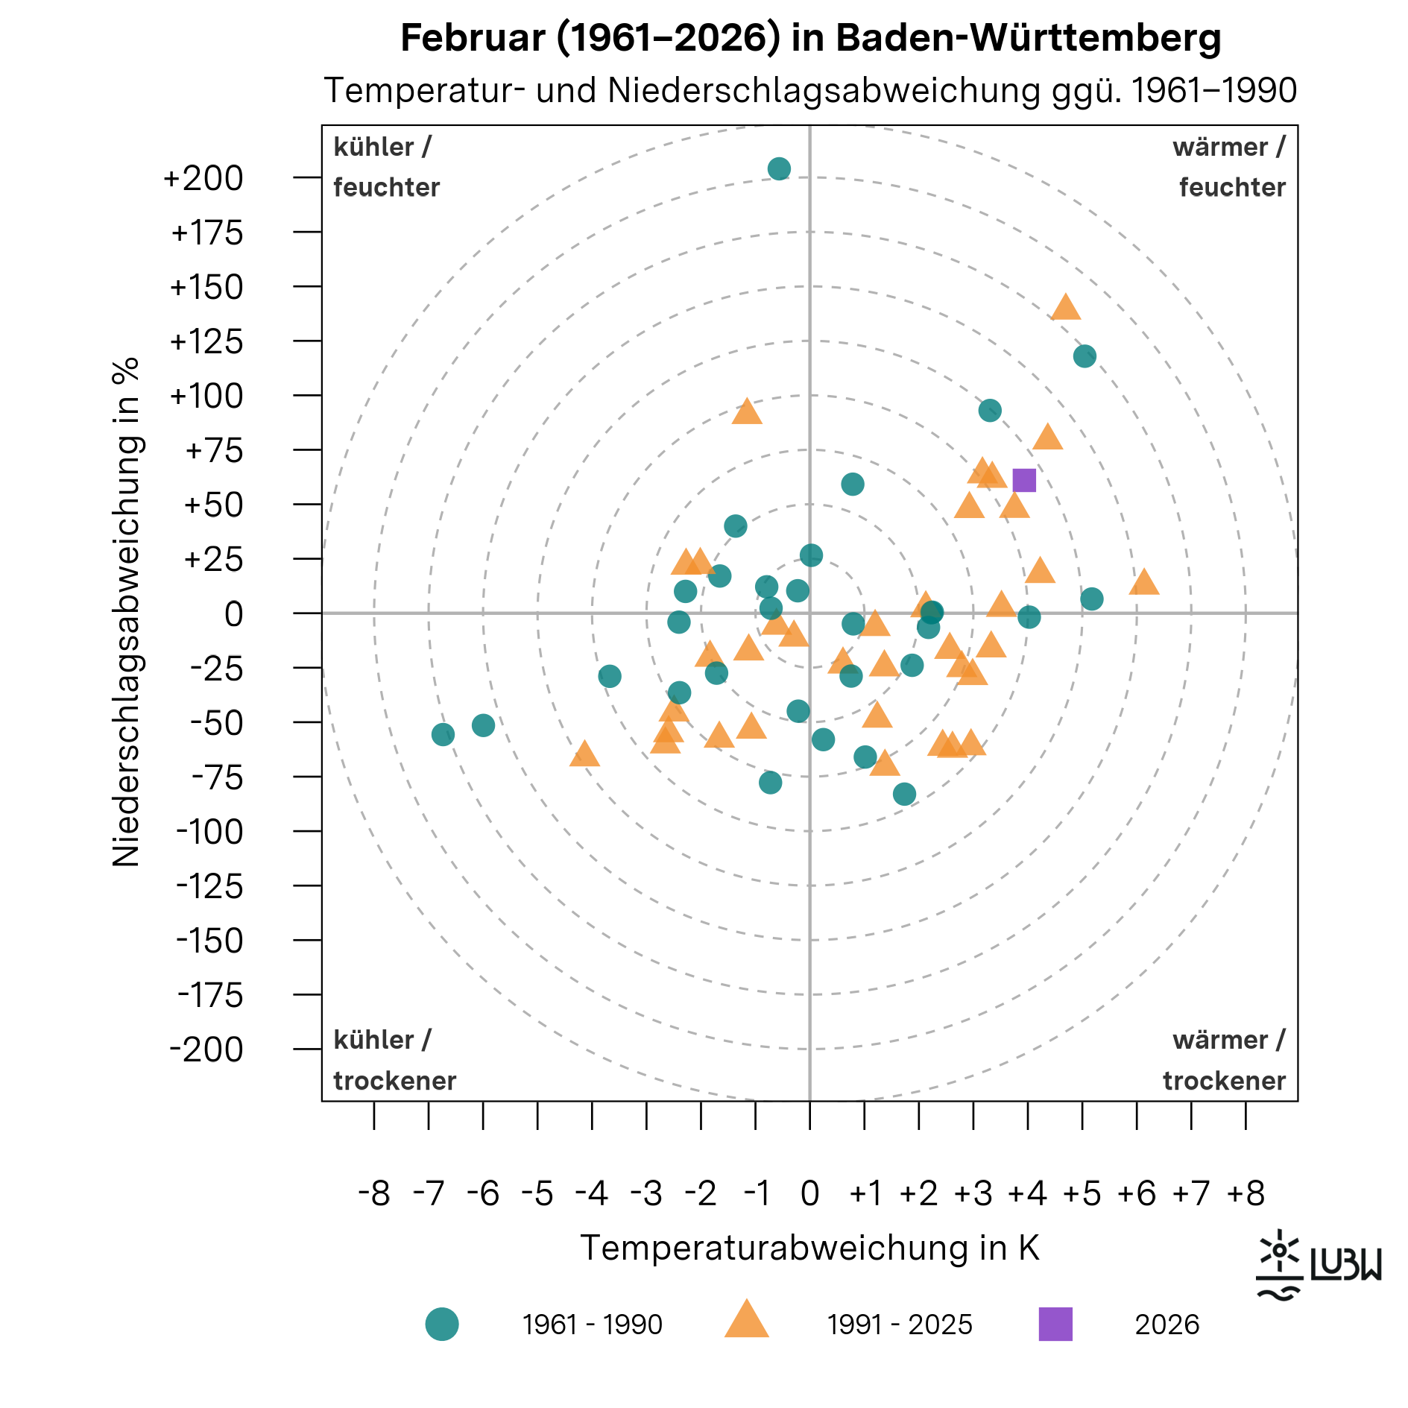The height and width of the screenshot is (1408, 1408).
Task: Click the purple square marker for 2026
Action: (x=1024, y=480)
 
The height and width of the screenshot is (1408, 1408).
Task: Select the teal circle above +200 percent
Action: (x=779, y=168)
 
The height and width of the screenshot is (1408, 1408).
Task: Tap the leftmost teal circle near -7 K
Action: (x=443, y=735)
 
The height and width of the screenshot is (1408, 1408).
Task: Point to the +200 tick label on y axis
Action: (x=203, y=179)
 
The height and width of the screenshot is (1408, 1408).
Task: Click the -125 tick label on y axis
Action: (x=209, y=886)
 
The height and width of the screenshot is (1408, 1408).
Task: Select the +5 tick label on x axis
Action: (x=1082, y=1194)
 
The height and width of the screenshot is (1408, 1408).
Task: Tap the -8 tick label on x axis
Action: (x=373, y=1194)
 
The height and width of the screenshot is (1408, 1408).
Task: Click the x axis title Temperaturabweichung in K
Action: (x=809, y=1248)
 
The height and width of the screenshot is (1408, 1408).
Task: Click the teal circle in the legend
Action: (x=442, y=1324)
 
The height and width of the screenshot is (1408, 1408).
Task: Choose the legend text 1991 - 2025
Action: (x=900, y=1325)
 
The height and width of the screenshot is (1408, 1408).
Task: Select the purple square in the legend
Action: (x=1055, y=1324)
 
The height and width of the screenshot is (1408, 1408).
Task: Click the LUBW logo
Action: (x=1318, y=1265)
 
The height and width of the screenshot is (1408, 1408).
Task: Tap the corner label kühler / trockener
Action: (x=394, y=1060)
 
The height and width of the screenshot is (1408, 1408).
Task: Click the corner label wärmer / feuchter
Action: (x=1231, y=167)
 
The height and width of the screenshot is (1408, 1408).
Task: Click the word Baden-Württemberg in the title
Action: (x=1028, y=37)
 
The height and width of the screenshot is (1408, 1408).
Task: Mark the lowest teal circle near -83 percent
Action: (x=904, y=795)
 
